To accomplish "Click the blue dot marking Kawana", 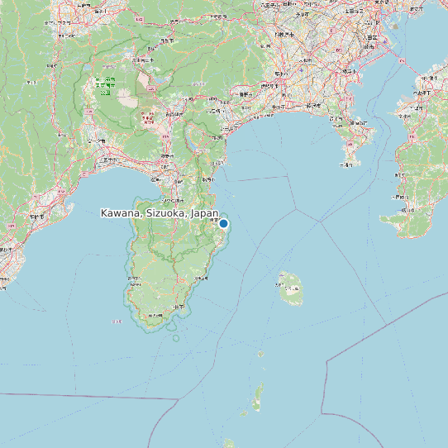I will (223, 223).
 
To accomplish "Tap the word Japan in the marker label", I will (203, 213).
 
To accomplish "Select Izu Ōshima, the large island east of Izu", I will (290, 289).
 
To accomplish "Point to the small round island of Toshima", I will (260, 354).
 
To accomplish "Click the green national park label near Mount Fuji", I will (105, 86).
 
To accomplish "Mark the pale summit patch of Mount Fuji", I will (128, 98).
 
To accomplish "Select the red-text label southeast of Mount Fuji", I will (148, 119).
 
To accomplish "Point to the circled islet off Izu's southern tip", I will (175, 337).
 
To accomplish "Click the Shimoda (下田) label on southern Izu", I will (177, 307).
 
